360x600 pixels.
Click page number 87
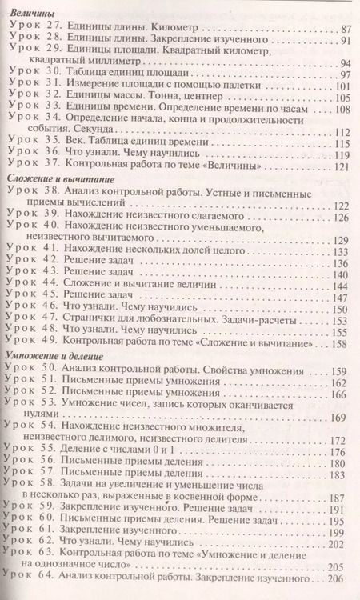[x=346, y=27]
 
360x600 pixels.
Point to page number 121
[x=342, y=167]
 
